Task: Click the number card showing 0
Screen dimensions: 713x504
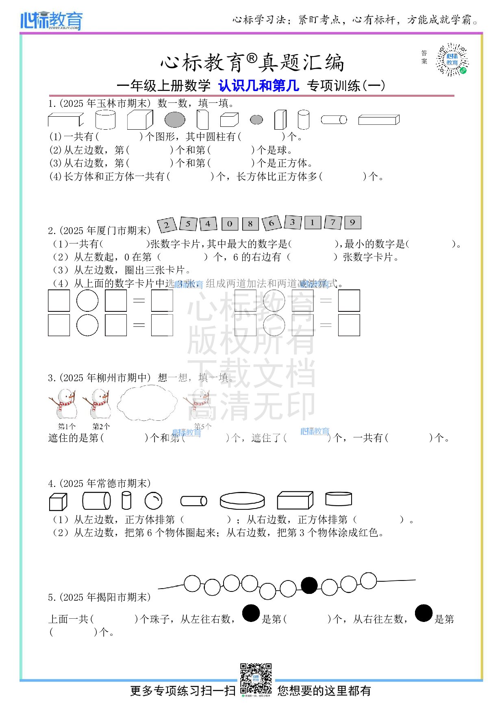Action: (x=230, y=224)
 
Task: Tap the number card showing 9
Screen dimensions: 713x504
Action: (x=352, y=222)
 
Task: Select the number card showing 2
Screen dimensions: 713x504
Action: (x=167, y=224)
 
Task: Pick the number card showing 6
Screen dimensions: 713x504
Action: (x=271, y=223)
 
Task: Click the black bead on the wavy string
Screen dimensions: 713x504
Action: (x=309, y=585)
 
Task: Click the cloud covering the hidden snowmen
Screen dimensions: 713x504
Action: (x=147, y=403)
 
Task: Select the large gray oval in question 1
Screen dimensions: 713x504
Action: (x=175, y=120)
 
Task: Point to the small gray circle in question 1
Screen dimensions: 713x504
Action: (x=256, y=120)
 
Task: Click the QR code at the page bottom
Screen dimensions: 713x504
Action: (x=256, y=679)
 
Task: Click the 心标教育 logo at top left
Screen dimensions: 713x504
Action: (x=51, y=20)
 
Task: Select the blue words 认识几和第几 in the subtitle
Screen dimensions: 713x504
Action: (x=259, y=86)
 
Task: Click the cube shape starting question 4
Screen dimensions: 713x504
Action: (x=58, y=502)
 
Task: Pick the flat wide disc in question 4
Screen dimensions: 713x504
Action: (x=242, y=501)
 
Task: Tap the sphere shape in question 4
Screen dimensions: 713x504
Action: (x=153, y=501)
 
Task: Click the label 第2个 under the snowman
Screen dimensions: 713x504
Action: (x=101, y=426)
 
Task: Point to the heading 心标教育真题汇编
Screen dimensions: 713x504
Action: (x=252, y=63)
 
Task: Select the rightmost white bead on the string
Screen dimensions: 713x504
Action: (x=368, y=580)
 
